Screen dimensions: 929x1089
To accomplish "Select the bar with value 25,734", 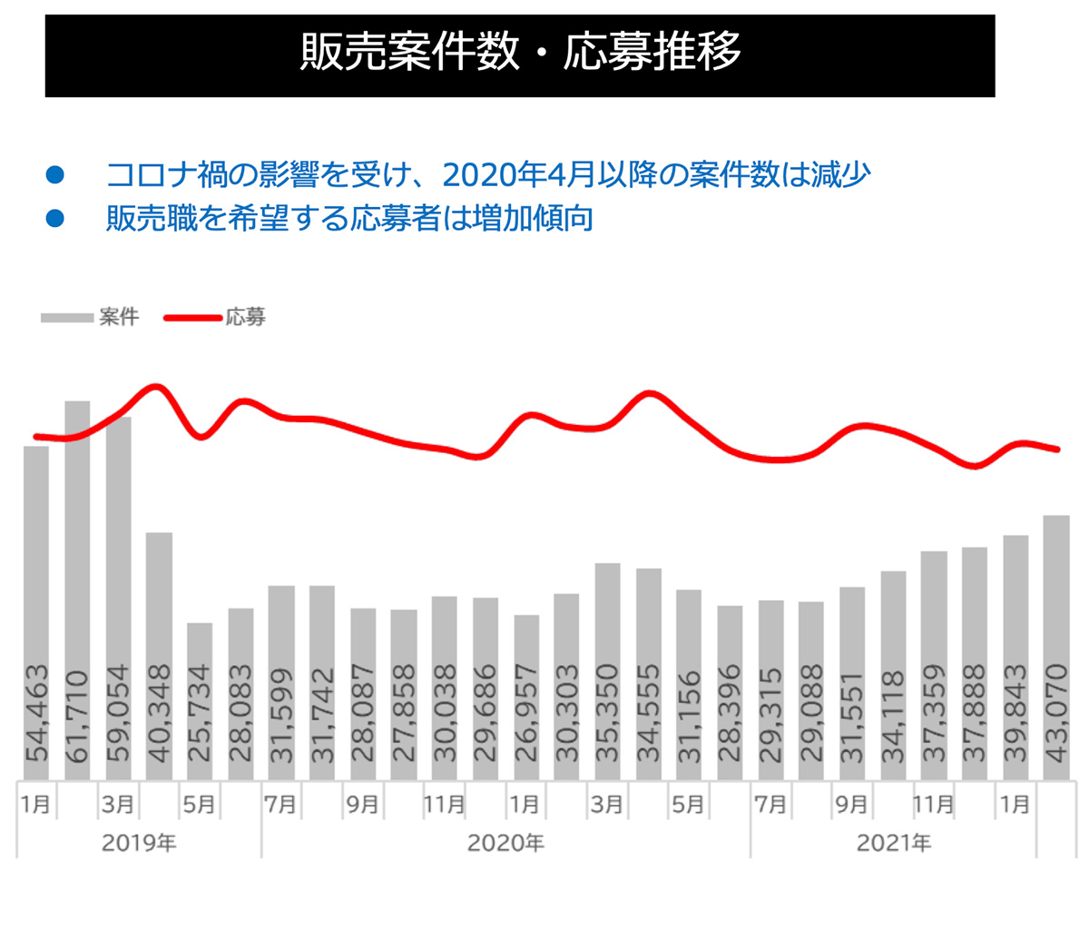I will pyautogui.click(x=200, y=699).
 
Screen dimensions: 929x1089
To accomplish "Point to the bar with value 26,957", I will pyautogui.click(x=526, y=695).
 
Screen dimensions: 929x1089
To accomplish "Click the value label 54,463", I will pyautogui.click(x=36, y=714).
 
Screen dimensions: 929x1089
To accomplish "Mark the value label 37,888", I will pyautogui.click(x=975, y=714).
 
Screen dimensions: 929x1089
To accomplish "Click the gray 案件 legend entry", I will pyautogui.click(x=90, y=318).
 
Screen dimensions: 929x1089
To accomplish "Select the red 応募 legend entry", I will pyautogui.click(x=215, y=318).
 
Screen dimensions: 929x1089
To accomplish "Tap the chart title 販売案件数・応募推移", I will pyautogui.click(x=520, y=53).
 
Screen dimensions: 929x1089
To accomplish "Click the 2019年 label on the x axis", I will pyautogui.click(x=139, y=844).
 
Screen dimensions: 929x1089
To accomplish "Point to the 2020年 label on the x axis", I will pyautogui.click(x=505, y=844).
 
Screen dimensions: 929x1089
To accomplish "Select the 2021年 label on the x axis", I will pyautogui.click(x=893, y=844).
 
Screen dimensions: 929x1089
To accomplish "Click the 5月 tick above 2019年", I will pyautogui.click(x=200, y=805).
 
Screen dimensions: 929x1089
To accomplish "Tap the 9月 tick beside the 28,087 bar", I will pyautogui.click(x=362, y=805).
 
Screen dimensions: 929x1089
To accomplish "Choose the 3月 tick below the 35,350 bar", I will pyautogui.click(x=607, y=805).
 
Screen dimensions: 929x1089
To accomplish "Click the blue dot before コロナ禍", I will pyautogui.click(x=55, y=173).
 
